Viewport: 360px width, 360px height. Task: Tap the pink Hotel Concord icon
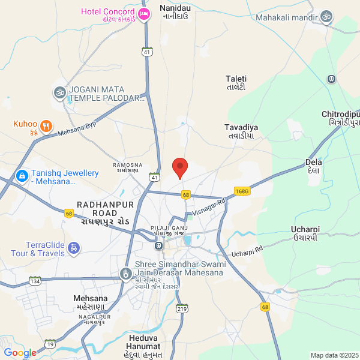click(143, 14)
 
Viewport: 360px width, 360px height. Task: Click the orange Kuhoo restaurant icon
click(47, 127)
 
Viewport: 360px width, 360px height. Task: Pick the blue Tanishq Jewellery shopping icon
click(22, 176)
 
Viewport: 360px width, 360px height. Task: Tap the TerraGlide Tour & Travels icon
click(73, 247)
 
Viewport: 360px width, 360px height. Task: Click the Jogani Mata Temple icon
click(59, 92)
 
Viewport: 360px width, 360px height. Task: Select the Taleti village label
click(236, 83)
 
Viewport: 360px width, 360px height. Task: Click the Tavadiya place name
click(241, 131)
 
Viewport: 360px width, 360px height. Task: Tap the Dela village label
click(314, 166)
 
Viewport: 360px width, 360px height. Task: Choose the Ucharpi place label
click(305, 233)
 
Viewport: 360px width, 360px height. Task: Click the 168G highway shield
click(242, 191)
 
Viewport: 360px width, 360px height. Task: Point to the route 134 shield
click(35, 281)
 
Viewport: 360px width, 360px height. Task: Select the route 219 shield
click(182, 308)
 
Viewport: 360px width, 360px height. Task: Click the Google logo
click(20, 353)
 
